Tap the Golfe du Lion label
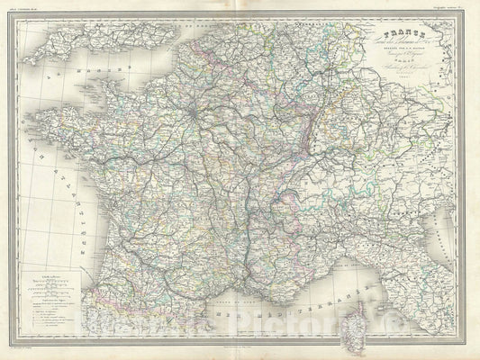point(243,297)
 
